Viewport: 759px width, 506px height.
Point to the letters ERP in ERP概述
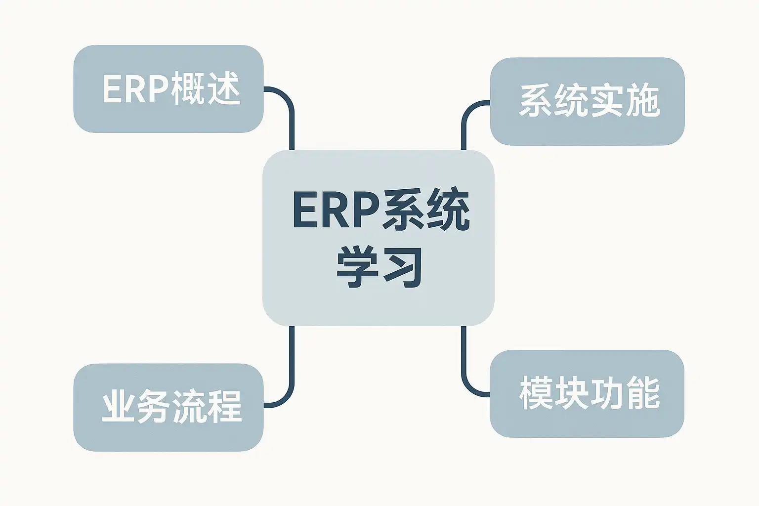coord(134,89)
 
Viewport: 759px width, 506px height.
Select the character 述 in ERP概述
coord(223,89)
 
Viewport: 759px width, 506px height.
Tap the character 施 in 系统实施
coord(643,101)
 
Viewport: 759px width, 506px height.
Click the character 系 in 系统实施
coord(535,101)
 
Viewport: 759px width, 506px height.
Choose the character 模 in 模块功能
coord(536,393)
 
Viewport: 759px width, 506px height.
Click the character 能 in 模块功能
coord(643,393)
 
